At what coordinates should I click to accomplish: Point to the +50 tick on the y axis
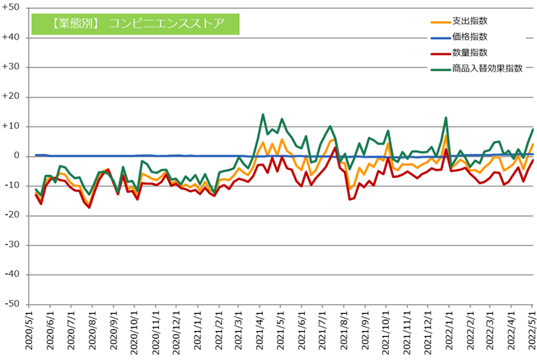(x=12, y=7)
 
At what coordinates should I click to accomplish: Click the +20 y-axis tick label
(x=12, y=96)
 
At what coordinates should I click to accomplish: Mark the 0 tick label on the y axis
(x=18, y=155)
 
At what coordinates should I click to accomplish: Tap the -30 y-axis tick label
(x=13, y=245)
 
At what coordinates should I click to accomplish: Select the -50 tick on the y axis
(x=13, y=304)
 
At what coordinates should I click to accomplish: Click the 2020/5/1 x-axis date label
(x=30, y=332)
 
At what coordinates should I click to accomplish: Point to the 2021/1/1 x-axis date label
(x=197, y=332)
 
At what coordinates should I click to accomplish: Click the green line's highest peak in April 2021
(x=263, y=114)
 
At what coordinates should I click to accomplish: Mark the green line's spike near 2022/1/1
(x=446, y=117)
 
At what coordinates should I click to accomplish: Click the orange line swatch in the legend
(x=438, y=22)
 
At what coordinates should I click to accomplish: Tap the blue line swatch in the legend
(x=438, y=37)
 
